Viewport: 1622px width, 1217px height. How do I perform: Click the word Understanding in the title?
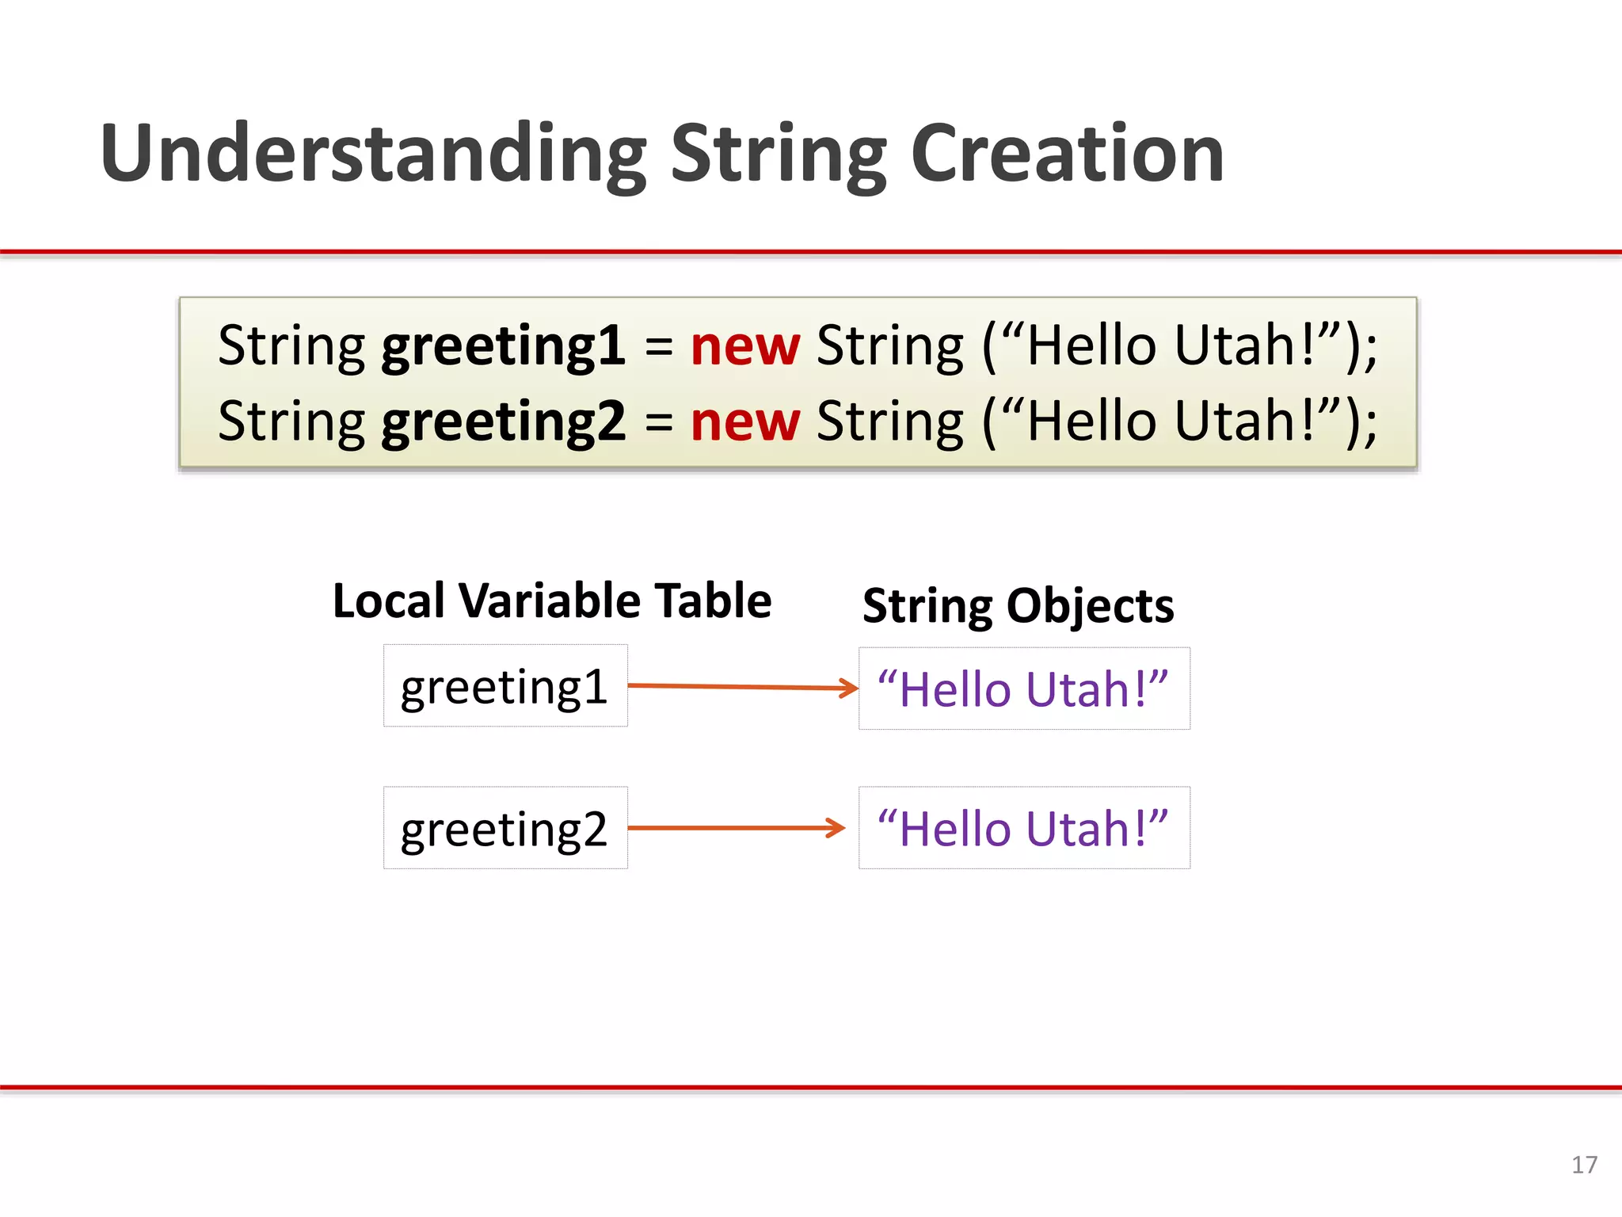tap(372, 155)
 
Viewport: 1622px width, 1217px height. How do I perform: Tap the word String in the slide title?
tap(779, 155)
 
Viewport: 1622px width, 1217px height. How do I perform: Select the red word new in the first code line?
tap(744, 347)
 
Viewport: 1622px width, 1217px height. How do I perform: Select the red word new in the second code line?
tap(744, 422)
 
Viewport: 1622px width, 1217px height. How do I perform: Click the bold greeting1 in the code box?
tap(503, 347)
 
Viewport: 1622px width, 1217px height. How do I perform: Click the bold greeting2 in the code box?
tap(503, 422)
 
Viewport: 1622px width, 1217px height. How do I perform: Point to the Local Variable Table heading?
tap(551, 601)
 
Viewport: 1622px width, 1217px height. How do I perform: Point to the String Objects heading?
tap(1018, 606)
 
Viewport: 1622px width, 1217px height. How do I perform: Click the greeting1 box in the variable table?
tap(505, 686)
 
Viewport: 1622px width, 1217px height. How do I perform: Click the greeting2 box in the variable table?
tap(505, 829)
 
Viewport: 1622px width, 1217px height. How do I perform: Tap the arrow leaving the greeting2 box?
tap(737, 828)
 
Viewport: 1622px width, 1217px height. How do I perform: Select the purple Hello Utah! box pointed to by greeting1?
tap(1023, 689)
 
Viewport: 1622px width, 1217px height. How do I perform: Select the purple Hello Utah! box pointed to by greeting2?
tap(1023, 829)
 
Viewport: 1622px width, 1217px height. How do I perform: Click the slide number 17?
tap(1584, 1165)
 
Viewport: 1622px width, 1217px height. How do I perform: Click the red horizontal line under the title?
tap(811, 252)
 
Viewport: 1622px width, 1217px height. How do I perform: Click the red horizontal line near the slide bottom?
tap(811, 1088)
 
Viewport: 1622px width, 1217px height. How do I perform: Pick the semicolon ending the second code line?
tap(1369, 428)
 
